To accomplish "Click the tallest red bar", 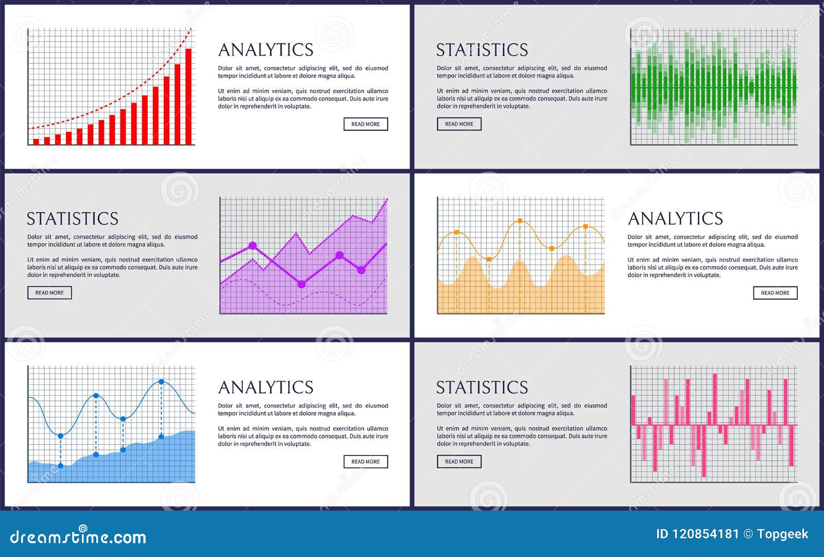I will tap(188, 96).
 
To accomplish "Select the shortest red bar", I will tap(36, 141).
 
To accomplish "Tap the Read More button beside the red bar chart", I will tap(366, 124).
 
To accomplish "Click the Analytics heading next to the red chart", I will tap(266, 49).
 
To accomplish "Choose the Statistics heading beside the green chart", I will tap(482, 49).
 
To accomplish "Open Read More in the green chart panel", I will tap(459, 124).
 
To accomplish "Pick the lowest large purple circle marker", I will tap(302, 284).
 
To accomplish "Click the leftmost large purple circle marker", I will tap(252, 246).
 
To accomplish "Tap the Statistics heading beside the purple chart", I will tap(73, 218).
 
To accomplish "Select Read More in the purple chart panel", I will tap(49, 293).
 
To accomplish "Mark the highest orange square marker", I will tap(520, 221).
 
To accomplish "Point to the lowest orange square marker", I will tap(489, 259).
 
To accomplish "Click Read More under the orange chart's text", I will tap(775, 293).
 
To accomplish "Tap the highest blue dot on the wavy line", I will tap(161, 382).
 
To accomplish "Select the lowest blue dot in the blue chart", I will tap(61, 466).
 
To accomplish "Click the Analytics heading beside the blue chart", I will tap(266, 387).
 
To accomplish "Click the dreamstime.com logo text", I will tap(78, 537).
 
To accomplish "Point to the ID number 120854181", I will tap(705, 534).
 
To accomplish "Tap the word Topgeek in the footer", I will tap(782, 534).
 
